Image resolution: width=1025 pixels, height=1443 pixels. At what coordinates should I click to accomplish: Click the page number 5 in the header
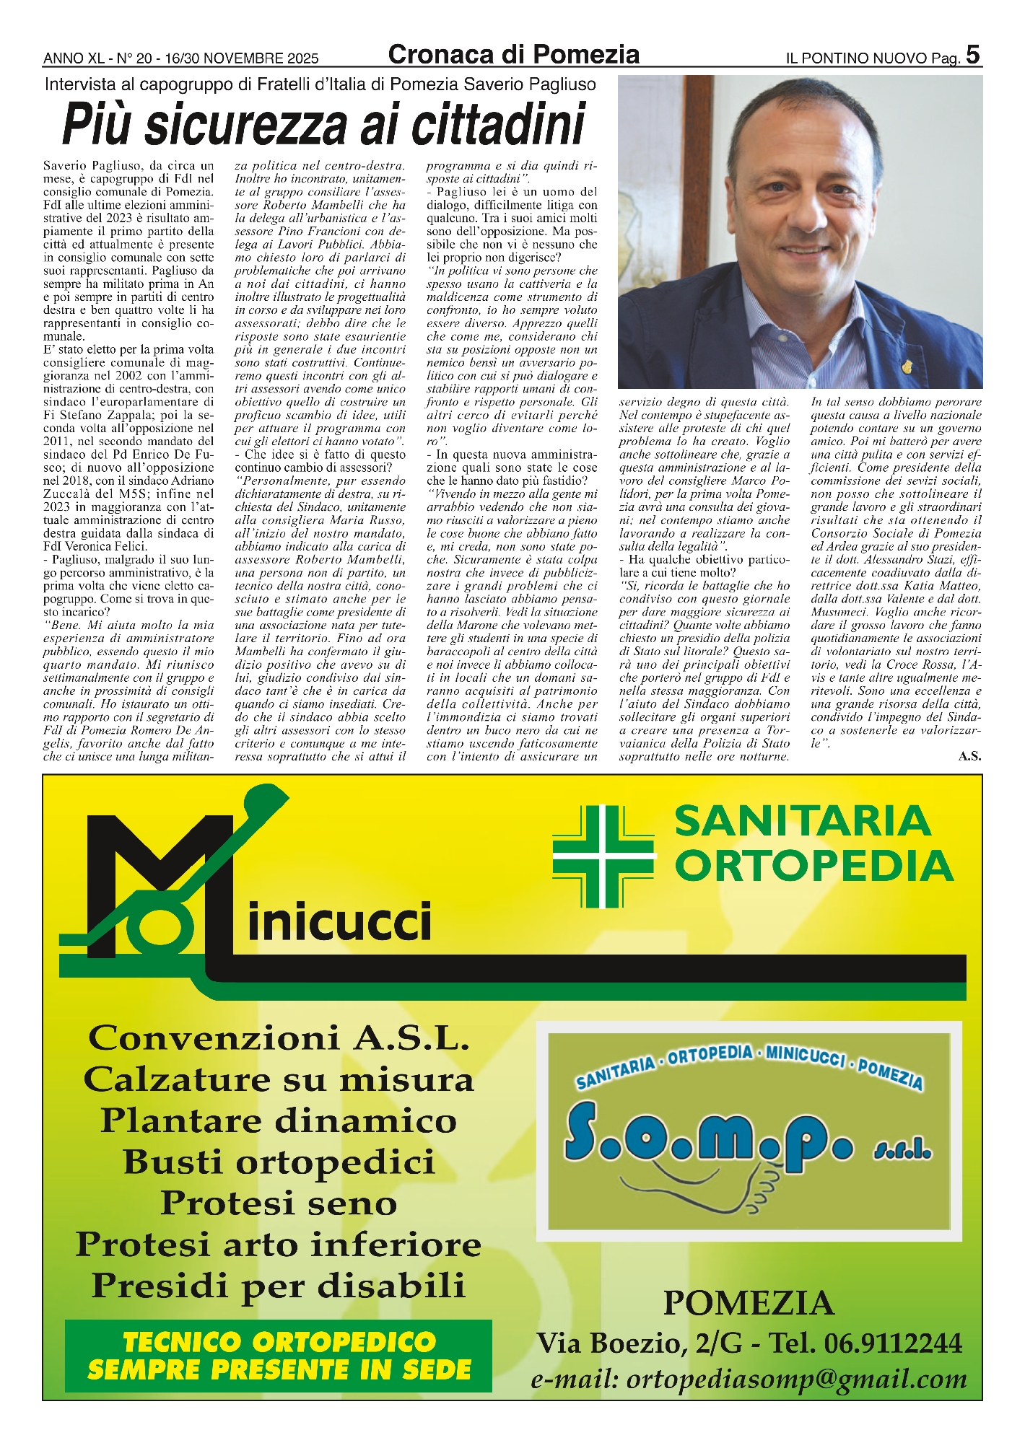[x=972, y=55]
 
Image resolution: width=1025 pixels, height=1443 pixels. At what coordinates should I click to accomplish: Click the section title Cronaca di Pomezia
[x=513, y=54]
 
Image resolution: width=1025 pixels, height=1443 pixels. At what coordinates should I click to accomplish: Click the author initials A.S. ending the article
[x=969, y=756]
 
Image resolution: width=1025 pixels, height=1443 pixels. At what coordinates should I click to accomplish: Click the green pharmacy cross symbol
[x=603, y=856]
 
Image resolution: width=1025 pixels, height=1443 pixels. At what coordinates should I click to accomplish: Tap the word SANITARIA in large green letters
[x=803, y=822]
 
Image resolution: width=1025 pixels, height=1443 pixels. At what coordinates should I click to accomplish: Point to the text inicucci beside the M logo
[x=339, y=922]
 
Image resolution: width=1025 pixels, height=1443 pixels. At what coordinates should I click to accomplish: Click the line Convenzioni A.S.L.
[x=279, y=1039]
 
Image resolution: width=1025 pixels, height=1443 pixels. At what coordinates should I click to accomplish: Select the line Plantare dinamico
[x=279, y=1121]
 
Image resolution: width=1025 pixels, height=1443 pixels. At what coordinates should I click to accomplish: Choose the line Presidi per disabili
[x=279, y=1286]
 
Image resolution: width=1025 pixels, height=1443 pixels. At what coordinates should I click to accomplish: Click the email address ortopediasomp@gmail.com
[x=749, y=1379]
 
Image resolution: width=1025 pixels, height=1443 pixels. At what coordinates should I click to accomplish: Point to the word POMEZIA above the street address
[x=749, y=1303]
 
